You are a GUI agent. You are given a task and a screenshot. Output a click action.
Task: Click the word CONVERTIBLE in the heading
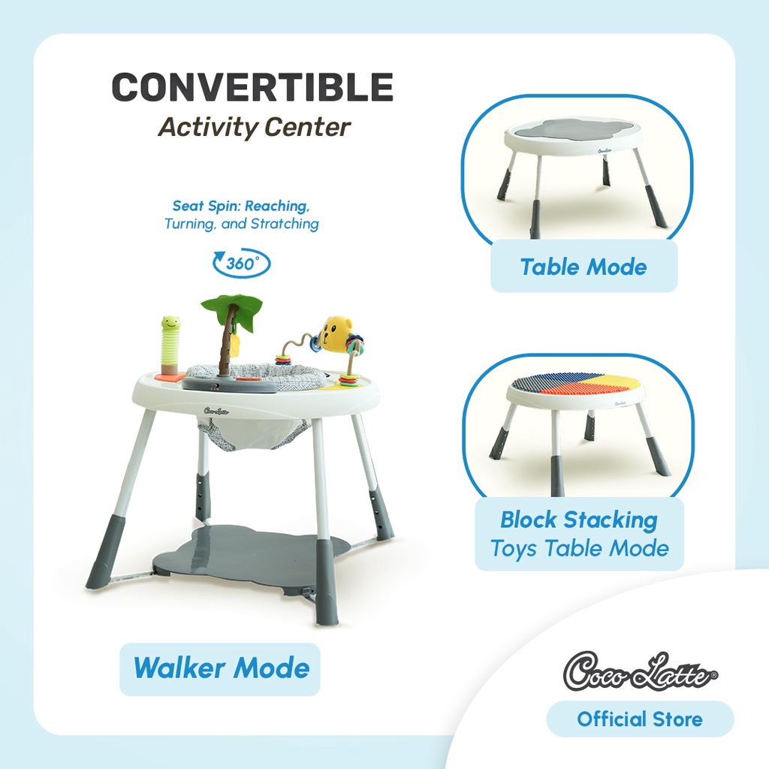(x=252, y=87)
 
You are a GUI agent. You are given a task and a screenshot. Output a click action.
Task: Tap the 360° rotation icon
(x=241, y=264)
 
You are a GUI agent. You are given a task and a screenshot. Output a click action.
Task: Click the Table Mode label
(x=584, y=267)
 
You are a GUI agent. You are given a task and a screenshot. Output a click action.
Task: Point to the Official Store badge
(x=640, y=719)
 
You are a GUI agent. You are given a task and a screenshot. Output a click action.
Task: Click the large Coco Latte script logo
(x=640, y=671)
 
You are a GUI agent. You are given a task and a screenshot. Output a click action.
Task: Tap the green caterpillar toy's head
(x=170, y=323)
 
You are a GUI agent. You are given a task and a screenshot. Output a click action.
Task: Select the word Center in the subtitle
(x=307, y=127)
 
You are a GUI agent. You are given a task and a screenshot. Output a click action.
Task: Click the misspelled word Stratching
(x=285, y=224)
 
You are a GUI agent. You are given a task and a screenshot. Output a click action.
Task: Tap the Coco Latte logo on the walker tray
(x=216, y=411)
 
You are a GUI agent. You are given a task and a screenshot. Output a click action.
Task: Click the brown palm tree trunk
(x=227, y=341)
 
